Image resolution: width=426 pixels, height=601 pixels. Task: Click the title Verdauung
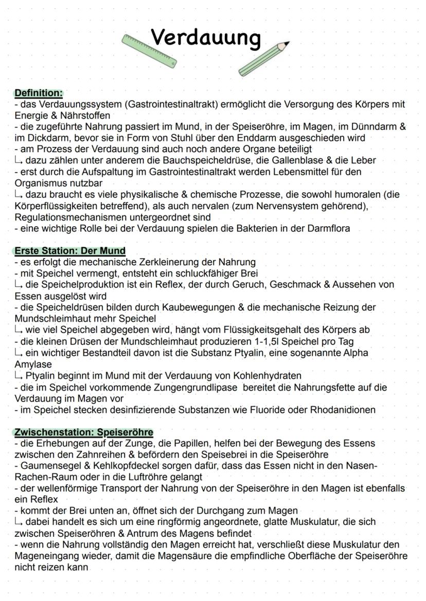coord(206,37)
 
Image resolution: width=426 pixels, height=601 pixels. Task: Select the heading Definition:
coord(39,93)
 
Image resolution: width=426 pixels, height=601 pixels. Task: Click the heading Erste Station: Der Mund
coord(70,251)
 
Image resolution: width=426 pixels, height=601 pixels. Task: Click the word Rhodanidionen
coord(343,409)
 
